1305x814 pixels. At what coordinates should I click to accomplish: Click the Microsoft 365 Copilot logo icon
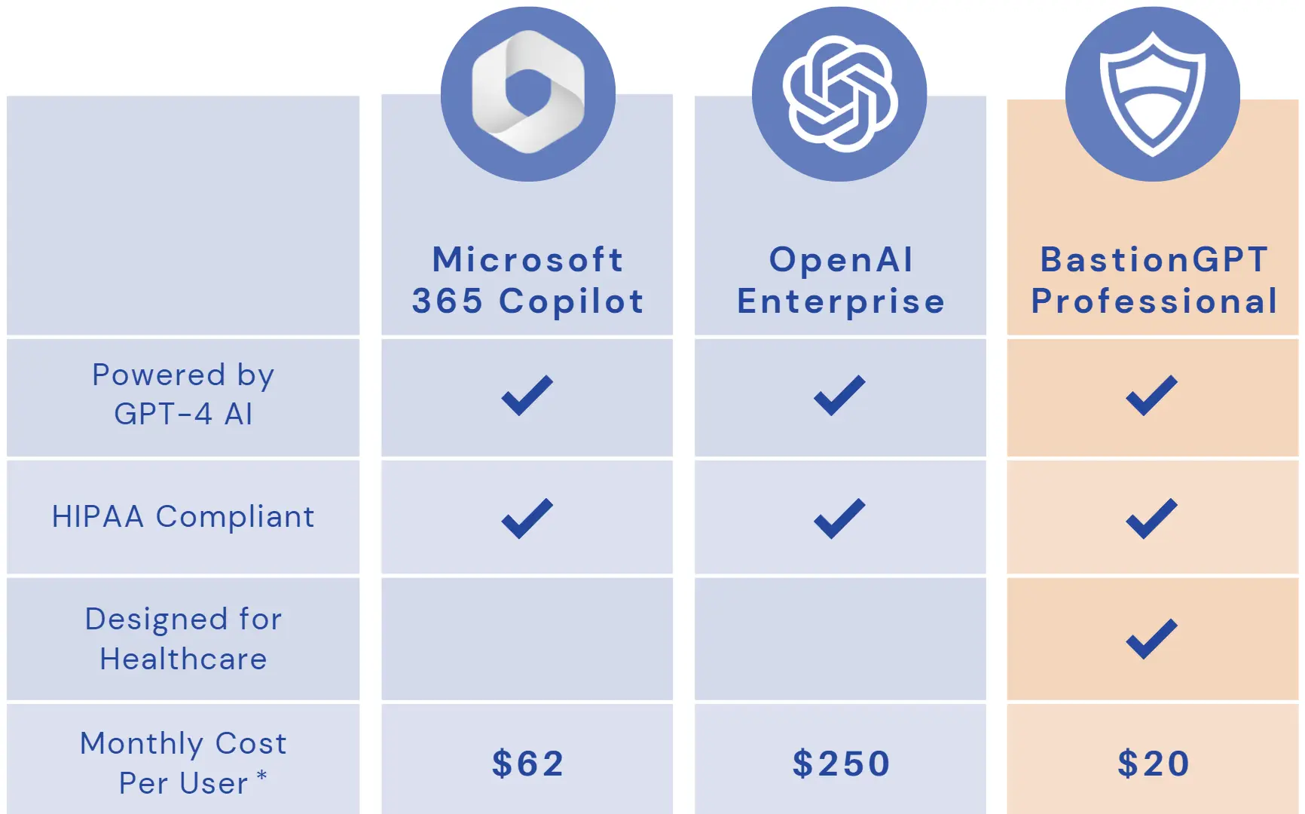point(527,93)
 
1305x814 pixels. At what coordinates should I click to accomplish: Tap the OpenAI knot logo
point(840,93)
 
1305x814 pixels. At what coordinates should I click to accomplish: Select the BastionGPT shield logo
point(1152,93)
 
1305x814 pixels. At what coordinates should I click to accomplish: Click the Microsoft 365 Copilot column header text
point(527,280)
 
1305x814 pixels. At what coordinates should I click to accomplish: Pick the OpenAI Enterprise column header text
point(841,280)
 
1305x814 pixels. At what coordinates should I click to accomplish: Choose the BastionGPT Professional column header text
point(1154,280)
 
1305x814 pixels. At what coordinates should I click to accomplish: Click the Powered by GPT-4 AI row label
point(183,394)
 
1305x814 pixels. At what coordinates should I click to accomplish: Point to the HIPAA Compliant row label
point(183,517)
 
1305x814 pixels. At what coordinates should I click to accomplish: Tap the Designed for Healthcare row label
point(183,639)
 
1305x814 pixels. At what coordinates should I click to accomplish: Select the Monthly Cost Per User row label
point(183,763)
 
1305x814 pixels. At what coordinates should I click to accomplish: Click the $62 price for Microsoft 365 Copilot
point(527,764)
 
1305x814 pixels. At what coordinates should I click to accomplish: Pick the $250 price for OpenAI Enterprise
point(841,764)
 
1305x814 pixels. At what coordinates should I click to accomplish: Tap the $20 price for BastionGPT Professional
point(1153,764)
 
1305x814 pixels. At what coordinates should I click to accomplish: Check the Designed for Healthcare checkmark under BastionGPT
point(1151,639)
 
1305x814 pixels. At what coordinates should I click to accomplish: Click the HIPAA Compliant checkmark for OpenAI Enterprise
point(839,519)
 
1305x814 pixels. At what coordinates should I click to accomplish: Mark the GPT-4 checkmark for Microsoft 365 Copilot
point(527,395)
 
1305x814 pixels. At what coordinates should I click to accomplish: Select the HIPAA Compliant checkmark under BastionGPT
point(1151,519)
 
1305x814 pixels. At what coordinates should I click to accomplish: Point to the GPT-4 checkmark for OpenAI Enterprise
point(839,395)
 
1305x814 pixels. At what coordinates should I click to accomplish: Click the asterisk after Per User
point(261,775)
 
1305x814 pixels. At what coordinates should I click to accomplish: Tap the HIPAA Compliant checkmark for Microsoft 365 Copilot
point(527,519)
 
